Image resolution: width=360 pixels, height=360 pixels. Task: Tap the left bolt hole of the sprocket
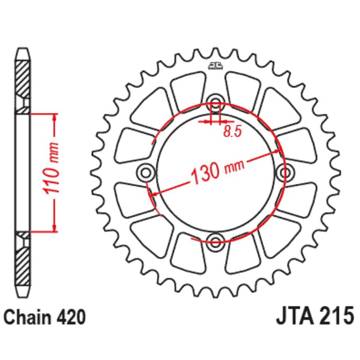[146, 172]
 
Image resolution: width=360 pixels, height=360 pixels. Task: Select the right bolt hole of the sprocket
[286, 172]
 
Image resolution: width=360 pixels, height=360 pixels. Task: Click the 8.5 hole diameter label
[232, 132]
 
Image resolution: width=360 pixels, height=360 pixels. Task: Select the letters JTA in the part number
[295, 316]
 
